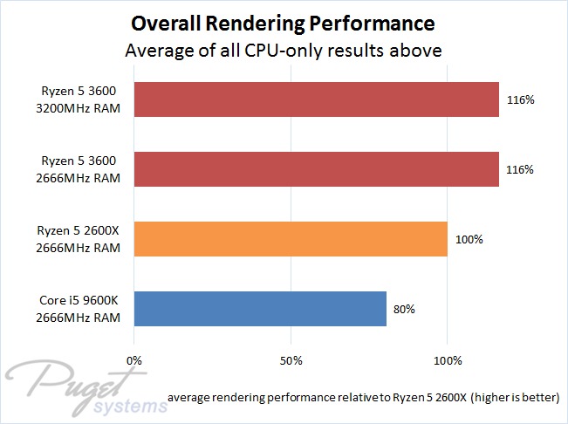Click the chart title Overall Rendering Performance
point(284,21)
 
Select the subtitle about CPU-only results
point(284,50)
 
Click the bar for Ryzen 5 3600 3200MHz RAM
point(317,100)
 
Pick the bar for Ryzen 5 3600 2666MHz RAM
point(317,169)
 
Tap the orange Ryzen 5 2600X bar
point(291,238)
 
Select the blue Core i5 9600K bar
point(260,308)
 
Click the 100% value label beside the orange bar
point(469,239)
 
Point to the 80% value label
point(405,308)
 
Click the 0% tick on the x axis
point(134,359)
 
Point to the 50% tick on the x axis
point(291,359)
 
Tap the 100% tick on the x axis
point(448,359)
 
